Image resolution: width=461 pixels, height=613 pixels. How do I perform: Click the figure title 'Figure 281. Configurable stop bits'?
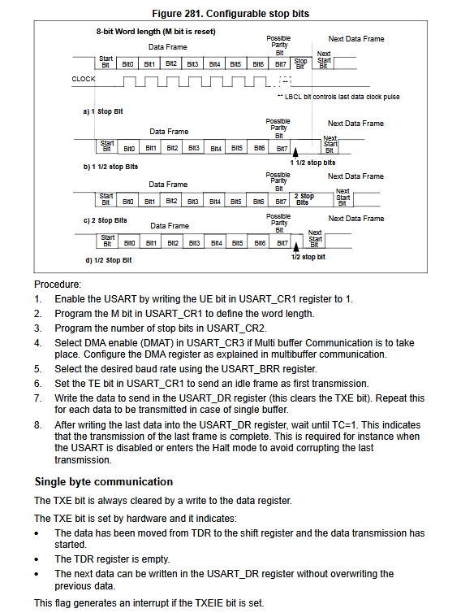click(x=230, y=14)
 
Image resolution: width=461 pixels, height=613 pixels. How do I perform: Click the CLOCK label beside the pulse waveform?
click(x=84, y=79)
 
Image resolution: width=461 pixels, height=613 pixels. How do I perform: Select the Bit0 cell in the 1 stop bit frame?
click(x=127, y=63)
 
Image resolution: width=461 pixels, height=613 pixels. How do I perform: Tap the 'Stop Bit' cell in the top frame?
click(x=300, y=63)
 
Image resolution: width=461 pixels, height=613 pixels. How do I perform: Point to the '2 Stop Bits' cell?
click(x=304, y=199)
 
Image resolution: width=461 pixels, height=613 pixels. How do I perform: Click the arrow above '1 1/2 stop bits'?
click(x=295, y=153)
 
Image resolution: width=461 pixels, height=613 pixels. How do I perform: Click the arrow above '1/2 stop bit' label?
click(x=296, y=247)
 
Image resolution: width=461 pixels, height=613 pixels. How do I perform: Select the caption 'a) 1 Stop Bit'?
click(x=103, y=111)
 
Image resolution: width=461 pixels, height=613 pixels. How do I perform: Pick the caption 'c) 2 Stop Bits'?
click(x=105, y=220)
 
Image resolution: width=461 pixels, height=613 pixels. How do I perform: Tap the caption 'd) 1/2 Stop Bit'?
click(x=109, y=260)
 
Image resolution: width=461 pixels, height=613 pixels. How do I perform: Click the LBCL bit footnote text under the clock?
click(x=338, y=97)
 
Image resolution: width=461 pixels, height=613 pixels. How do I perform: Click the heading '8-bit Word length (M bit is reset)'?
click(x=156, y=32)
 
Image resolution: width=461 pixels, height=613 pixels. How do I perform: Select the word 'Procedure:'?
click(x=58, y=285)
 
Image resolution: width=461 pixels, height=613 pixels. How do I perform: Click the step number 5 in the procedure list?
click(x=37, y=369)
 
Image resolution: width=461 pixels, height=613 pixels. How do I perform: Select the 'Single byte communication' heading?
click(x=104, y=481)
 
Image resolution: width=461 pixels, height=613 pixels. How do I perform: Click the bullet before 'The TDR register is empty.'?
click(x=37, y=559)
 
